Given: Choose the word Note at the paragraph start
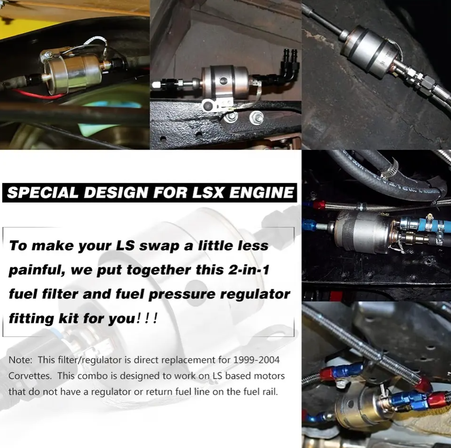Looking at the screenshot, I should click(19, 360).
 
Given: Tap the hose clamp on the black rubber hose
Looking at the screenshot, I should click(389, 167).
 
